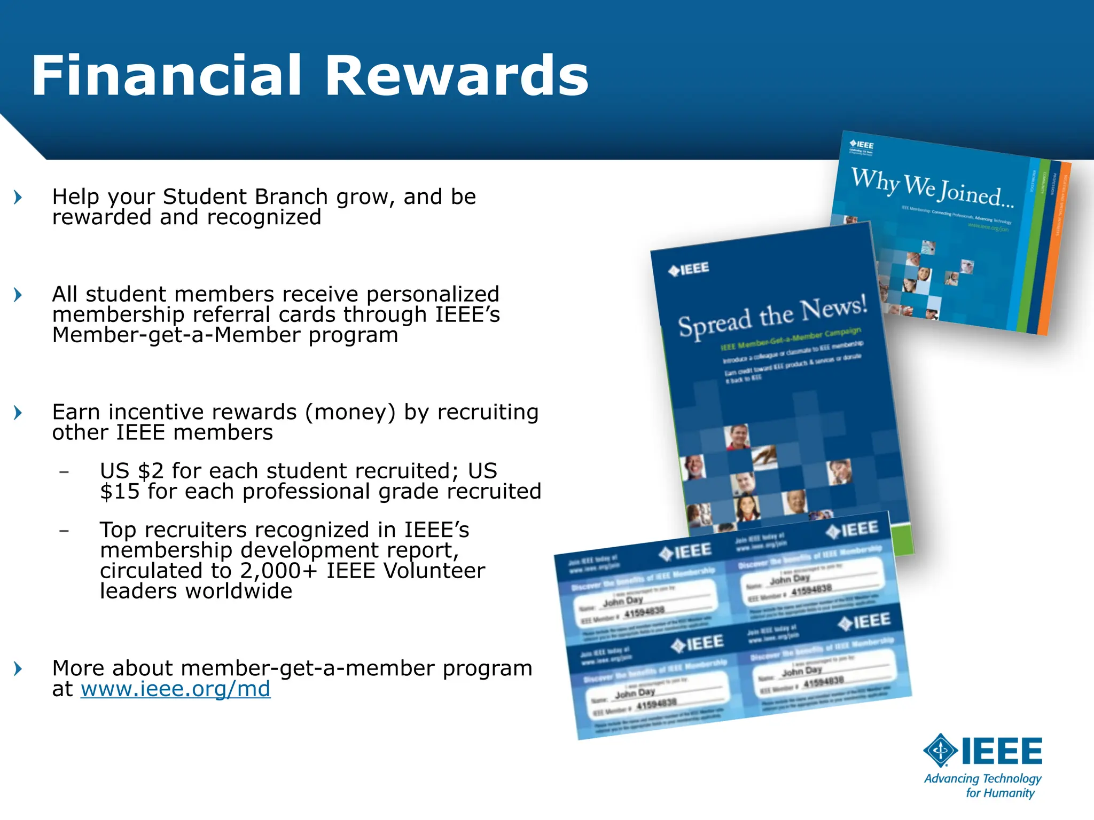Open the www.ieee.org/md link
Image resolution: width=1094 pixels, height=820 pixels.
coord(175,689)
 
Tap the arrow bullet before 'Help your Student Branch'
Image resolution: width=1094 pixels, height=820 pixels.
coord(18,198)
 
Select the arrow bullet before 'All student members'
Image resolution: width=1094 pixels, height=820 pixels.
coord(18,295)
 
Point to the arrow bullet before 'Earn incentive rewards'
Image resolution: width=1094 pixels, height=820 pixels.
coord(18,413)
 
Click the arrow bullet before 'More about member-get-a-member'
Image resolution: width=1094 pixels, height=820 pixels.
coord(18,668)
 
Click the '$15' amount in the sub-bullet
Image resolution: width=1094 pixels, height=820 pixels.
coord(120,492)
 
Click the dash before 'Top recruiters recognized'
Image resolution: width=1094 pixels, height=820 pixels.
coord(64,531)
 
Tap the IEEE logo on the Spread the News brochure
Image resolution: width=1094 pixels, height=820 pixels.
coord(689,269)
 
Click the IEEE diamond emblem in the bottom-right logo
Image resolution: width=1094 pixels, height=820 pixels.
coord(940,751)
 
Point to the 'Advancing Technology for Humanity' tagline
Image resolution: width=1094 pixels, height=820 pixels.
coord(983,785)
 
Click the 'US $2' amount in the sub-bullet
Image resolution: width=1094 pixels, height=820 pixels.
coord(131,471)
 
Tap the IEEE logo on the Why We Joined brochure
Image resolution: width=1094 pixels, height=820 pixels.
coord(862,145)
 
